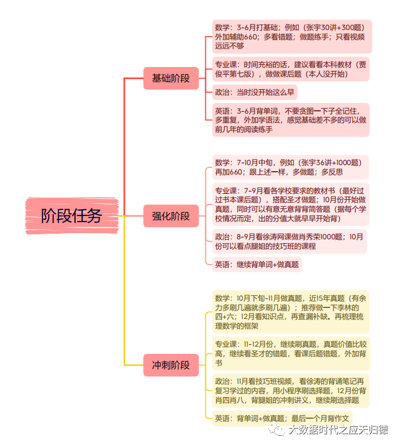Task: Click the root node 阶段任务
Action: pos(72,216)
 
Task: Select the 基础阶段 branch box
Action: pos(171,78)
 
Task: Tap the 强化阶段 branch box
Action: pos(171,216)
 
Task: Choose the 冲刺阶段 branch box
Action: pos(171,365)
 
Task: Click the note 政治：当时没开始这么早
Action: pos(254,92)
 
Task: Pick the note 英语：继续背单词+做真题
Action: pos(257,265)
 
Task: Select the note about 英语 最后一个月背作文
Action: pos(282,419)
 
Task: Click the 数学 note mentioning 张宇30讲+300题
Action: pos(292,37)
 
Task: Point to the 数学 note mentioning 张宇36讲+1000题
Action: pos(290,167)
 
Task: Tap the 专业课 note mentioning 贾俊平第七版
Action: pos(291,69)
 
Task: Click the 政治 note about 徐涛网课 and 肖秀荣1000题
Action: pos(289,241)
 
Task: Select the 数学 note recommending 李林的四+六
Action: pos(291,312)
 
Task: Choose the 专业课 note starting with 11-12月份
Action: pos(291,354)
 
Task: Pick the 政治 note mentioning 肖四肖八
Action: pos(291,390)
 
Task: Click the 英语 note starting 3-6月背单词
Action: pos(291,120)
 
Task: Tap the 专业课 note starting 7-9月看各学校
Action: pos(291,204)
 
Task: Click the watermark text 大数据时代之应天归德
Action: pos(338,430)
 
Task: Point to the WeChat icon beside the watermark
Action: pos(277,430)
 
